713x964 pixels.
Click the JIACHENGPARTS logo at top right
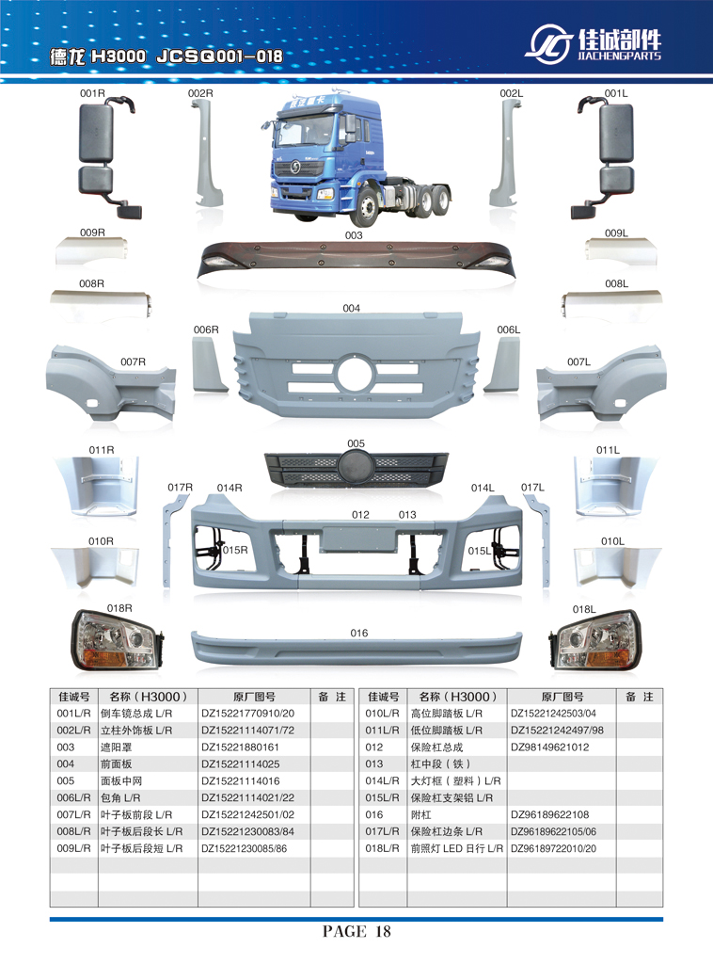[x=594, y=43]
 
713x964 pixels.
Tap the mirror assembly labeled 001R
[x=107, y=158]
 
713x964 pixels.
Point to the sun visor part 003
[x=353, y=261]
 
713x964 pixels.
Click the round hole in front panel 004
[x=355, y=373]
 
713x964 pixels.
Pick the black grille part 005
[x=356, y=469]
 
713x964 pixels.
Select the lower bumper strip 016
[x=356, y=648]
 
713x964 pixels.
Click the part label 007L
[x=578, y=362]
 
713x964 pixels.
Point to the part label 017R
[x=180, y=488]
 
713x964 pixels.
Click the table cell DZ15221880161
[x=240, y=747]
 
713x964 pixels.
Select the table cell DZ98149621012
[x=549, y=747]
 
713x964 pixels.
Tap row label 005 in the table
[x=66, y=781]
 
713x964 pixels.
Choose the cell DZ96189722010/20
[x=553, y=849]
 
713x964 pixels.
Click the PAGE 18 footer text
[x=356, y=932]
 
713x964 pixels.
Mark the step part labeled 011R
[x=97, y=486]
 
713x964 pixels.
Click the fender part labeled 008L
[x=611, y=303]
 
